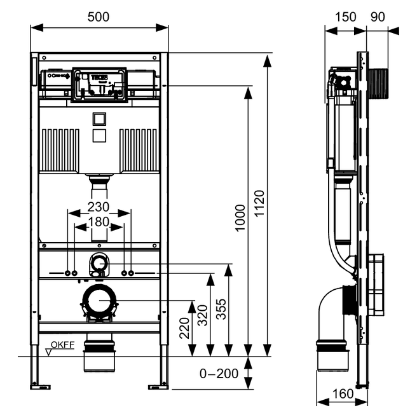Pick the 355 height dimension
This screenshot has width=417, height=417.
(x=221, y=310)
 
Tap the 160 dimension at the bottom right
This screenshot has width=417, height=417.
(x=343, y=395)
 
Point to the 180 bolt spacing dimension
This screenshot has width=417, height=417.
(x=99, y=222)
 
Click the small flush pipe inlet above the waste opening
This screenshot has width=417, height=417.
(x=99, y=263)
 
